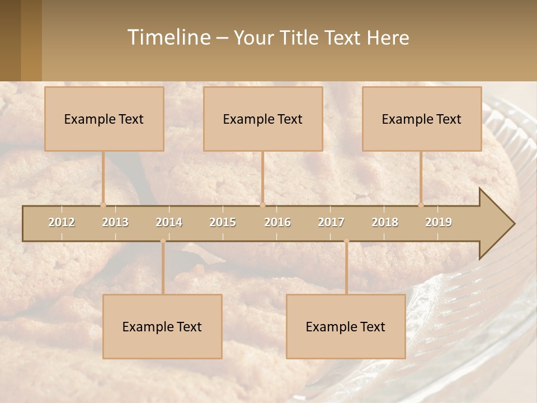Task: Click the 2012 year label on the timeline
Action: tap(62, 222)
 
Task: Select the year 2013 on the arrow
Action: tap(115, 222)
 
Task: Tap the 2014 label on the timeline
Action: tap(169, 222)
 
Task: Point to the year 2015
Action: tap(223, 222)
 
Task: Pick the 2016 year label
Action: tap(277, 222)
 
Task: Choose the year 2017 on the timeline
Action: tap(331, 222)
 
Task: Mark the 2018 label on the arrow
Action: tap(385, 222)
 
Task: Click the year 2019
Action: tap(439, 222)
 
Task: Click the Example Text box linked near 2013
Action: tap(104, 119)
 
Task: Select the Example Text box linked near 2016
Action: tap(263, 119)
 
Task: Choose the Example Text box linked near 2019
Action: tap(422, 119)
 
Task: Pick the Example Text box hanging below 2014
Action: tap(162, 326)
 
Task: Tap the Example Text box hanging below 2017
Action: tap(346, 326)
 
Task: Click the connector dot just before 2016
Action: tap(262, 205)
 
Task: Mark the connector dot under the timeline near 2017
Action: tap(346, 241)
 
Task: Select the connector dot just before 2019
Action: tap(421, 205)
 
